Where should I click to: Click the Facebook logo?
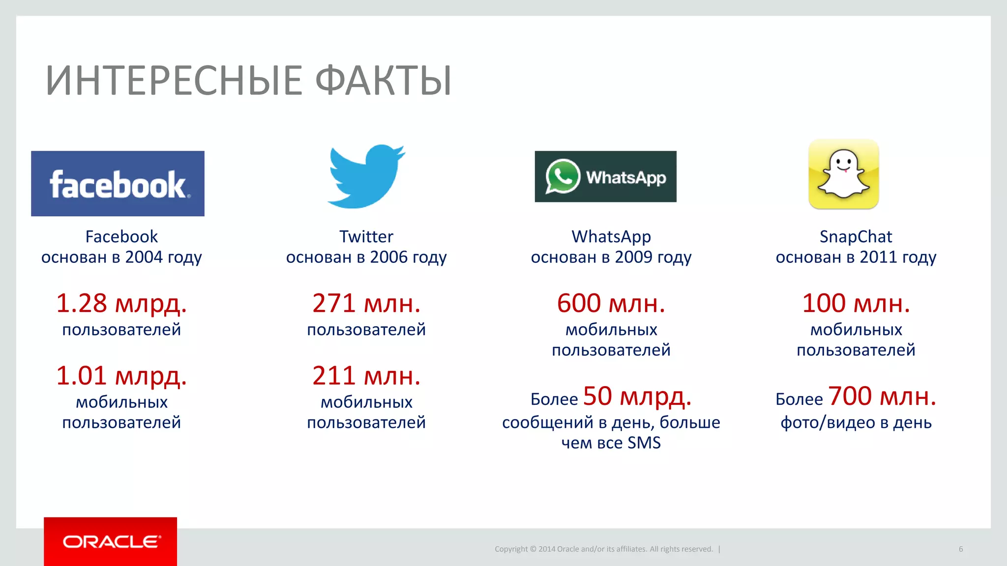pos(118,183)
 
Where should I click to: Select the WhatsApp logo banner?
pos(605,176)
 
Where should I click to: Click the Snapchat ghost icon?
pos(844,174)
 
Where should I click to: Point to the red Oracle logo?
pos(111,541)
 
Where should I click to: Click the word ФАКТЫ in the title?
pos(383,81)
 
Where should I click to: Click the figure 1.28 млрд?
pos(121,303)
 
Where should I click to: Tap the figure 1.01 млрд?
pos(121,376)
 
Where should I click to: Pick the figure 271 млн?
pos(366,303)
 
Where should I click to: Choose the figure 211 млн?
pos(366,376)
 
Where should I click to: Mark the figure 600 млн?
pos(611,303)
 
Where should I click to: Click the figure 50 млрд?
pos(637,396)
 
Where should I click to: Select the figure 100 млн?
pos(856,303)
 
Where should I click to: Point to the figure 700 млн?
pos(882,396)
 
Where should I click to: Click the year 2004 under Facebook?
pos(144,257)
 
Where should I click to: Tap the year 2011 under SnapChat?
pos(879,257)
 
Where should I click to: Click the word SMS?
pos(644,443)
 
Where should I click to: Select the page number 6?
pos(961,549)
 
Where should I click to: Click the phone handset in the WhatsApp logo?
pos(563,175)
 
